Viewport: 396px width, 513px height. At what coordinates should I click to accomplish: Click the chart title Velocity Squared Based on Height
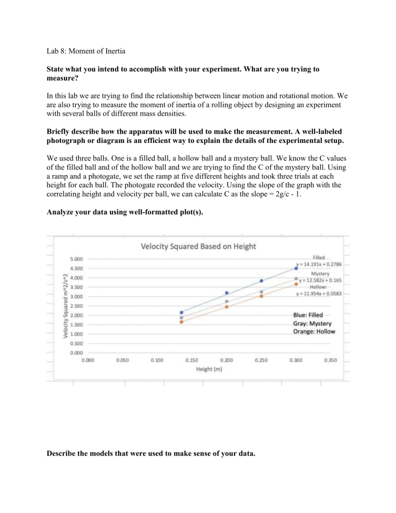pyautogui.click(x=198, y=246)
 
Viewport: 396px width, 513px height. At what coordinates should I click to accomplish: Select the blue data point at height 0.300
pyautogui.click(x=296, y=269)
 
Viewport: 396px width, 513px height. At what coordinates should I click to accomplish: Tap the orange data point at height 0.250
pyautogui.click(x=261, y=296)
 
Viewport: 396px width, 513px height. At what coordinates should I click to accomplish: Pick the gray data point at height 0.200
pyautogui.click(x=226, y=301)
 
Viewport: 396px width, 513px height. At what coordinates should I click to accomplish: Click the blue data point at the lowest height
pyautogui.click(x=181, y=313)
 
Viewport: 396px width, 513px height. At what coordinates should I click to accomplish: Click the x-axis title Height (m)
pyautogui.click(x=209, y=370)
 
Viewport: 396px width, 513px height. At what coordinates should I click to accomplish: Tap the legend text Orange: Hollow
pyautogui.click(x=314, y=332)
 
